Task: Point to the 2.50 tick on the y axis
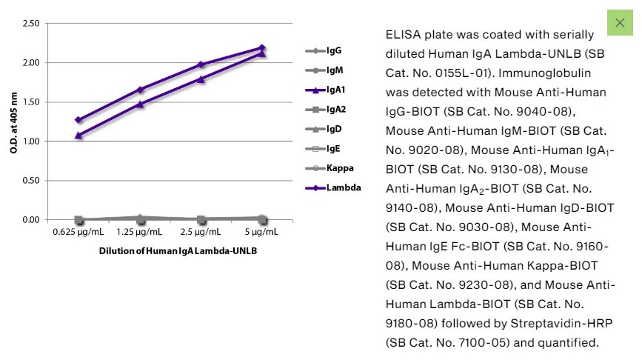[x=30, y=24]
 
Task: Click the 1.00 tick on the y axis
[x=30, y=141]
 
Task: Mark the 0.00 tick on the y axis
[x=30, y=220]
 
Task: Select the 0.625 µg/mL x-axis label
[x=78, y=233]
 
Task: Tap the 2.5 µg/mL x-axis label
[x=201, y=233]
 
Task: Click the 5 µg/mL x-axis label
[x=263, y=233]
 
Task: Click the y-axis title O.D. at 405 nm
[x=13, y=121]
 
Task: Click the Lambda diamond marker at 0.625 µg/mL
[x=78, y=120]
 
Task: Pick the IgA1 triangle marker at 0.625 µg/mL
[x=78, y=136]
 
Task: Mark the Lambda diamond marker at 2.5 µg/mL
[x=201, y=64]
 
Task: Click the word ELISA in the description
[x=402, y=36]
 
